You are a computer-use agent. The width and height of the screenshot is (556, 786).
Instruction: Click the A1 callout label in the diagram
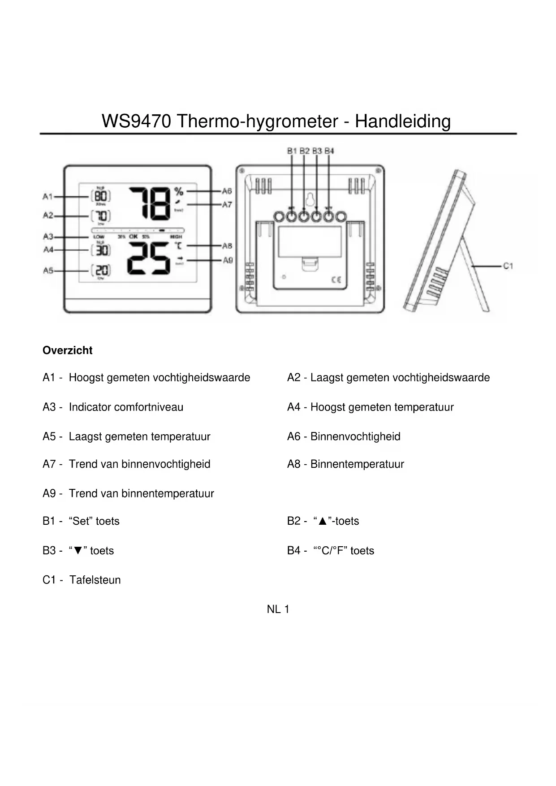coord(47,196)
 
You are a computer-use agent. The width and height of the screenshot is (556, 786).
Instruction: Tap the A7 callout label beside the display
coord(227,204)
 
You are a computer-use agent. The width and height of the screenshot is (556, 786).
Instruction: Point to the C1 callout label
coord(508,266)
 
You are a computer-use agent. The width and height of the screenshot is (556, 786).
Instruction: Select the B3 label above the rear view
coord(317,151)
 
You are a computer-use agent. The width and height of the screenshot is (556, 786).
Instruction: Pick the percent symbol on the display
coord(179,191)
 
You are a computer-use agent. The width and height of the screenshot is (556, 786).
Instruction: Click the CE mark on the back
coord(336,280)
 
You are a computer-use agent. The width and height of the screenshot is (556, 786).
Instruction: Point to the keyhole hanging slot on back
coord(310,199)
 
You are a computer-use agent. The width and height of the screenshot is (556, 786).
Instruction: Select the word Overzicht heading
coord(67,350)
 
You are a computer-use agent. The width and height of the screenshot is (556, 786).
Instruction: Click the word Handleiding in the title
coord(402,121)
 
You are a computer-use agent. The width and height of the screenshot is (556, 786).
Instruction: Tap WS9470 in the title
coord(136,121)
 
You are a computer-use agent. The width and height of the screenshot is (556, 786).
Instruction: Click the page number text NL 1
coord(278,609)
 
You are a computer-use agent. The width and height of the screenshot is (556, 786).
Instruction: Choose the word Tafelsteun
coord(95,580)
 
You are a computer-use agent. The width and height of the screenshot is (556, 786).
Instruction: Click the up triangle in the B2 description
coord(322,521)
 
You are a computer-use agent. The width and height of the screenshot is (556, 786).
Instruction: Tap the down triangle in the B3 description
coord(78,551)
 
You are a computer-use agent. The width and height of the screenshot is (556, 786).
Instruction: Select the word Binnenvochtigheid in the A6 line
coord(355,436)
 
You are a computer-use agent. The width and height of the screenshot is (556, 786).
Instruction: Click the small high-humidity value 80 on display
coord(101,196)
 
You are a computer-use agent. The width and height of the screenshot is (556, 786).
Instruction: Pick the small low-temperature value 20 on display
coord(102,270)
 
